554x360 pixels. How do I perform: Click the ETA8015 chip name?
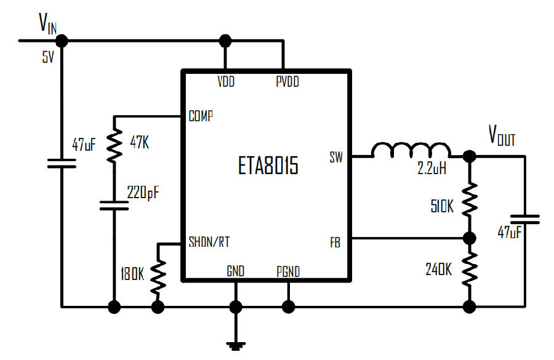(268, 166)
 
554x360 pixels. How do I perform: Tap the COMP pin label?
(201, 116)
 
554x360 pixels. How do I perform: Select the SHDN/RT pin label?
(209, 242)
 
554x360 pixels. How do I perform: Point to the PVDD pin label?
(287, 82)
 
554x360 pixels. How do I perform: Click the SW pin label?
(336, 157)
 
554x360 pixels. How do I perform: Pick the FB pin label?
(335, 242)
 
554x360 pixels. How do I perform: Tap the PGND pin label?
(288, 271)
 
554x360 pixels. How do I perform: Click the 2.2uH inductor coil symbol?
(411, 150)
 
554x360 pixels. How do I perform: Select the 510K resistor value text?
(442, 206)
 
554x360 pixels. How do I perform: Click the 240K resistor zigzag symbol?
(469, 270)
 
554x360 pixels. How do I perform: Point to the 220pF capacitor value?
(143, 193)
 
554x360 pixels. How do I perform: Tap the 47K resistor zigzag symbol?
(114, 145)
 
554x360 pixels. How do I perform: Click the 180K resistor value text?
(132, 274)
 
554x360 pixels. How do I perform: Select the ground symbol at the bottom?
(236, 345)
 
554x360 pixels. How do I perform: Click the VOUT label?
(502, 135)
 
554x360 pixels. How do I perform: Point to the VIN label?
(47, 23)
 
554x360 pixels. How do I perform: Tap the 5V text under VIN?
(48, 57)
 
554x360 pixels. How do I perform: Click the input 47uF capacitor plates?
(62, 163)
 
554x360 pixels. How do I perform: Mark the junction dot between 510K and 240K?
(469, 239)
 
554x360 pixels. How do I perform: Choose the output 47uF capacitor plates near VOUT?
(524, 219)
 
